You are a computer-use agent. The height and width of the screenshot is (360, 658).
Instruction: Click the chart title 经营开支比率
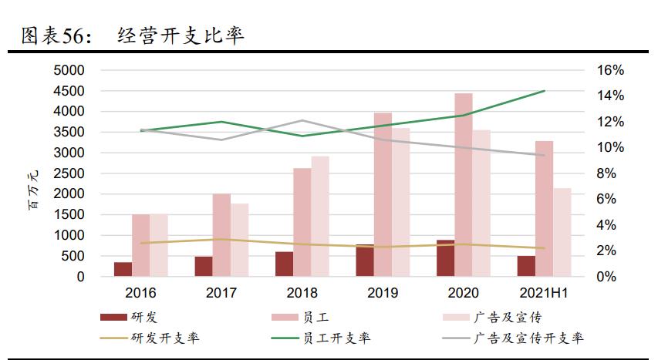(x=182, y=35)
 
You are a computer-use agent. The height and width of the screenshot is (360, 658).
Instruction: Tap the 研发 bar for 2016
(x=123, y=269)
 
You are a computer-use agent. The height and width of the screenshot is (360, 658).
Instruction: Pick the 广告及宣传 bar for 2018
(x=320, y=216)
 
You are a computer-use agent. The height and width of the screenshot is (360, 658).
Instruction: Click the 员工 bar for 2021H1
(x=544, y=208)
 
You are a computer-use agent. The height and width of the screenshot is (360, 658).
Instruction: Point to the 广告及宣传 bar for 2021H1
(x=562, y=232)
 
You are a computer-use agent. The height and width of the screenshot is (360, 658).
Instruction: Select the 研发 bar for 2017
(x=204, y=266)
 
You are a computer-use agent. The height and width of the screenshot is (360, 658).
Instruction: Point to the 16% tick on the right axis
(x=610, y=70)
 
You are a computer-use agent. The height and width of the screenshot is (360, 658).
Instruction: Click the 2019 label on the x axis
(x=383, y=294)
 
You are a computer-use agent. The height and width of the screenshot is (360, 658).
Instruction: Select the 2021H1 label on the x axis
(x=543, y=294)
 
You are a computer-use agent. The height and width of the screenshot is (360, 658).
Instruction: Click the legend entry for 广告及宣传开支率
(x=528, y=338)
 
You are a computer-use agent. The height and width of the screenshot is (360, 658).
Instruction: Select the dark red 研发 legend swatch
(x=114, y=317)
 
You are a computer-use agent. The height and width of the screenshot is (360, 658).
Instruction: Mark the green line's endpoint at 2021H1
(x=545, y=91)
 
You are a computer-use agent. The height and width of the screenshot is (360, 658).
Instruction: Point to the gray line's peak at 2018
(x=302, y=120)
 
